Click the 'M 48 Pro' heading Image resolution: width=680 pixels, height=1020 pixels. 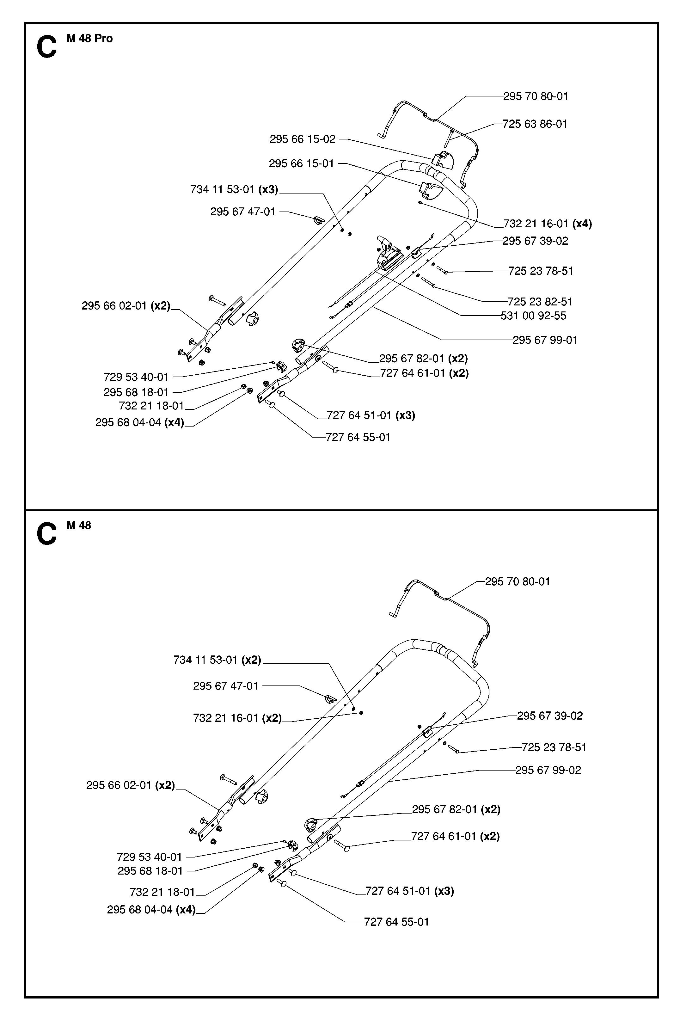(89, 39)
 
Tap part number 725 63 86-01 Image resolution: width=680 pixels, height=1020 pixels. (535, 124)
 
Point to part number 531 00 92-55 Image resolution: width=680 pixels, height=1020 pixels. (533, 316)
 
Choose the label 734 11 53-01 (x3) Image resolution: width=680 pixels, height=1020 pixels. (234, 189)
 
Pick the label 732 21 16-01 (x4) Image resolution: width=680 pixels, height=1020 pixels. (547, 224)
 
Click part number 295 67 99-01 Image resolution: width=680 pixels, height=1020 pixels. (545, 340)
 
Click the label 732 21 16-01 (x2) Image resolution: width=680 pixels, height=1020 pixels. (237, 718)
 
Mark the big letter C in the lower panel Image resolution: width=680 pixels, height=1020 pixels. (47, 534)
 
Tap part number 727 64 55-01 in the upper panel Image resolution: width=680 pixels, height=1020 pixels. (358, 437)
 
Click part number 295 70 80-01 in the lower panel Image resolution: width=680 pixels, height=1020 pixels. (517, 581)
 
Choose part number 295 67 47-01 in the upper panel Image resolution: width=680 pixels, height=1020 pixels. (243, 212)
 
